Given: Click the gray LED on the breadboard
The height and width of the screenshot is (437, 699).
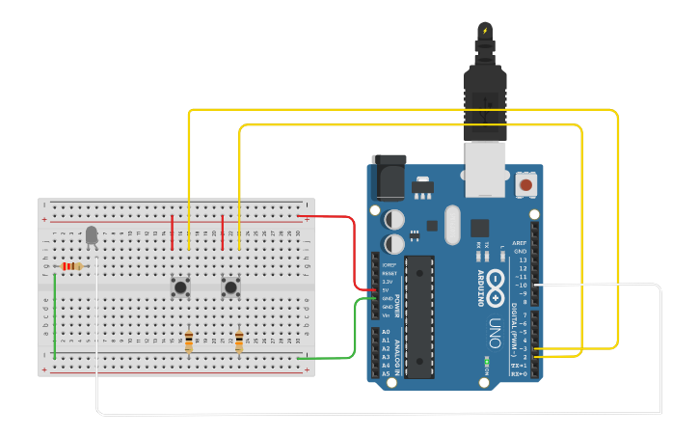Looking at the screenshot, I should click(92, 234).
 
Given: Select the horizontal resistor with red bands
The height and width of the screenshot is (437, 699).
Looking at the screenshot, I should click(72, 266).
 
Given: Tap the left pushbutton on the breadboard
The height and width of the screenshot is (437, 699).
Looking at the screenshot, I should click(180, 287).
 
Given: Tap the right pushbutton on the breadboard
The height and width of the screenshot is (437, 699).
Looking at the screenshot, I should click(231, 287).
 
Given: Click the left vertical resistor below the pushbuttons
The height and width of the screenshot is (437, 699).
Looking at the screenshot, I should click(189, 341).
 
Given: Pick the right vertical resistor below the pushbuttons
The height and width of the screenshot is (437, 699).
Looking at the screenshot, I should click(239, 341).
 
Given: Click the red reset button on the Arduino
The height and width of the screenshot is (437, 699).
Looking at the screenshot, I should click(526, 183).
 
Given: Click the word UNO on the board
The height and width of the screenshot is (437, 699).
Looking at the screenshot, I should click(493, 327).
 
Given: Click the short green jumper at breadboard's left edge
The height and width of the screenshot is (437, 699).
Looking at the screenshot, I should click(55, 315).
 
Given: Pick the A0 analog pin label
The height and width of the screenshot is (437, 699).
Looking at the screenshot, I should click(386, 332).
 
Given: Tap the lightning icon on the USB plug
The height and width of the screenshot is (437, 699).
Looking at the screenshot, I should click(484, 31).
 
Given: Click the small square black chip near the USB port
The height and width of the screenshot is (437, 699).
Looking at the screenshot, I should click(480, 228).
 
